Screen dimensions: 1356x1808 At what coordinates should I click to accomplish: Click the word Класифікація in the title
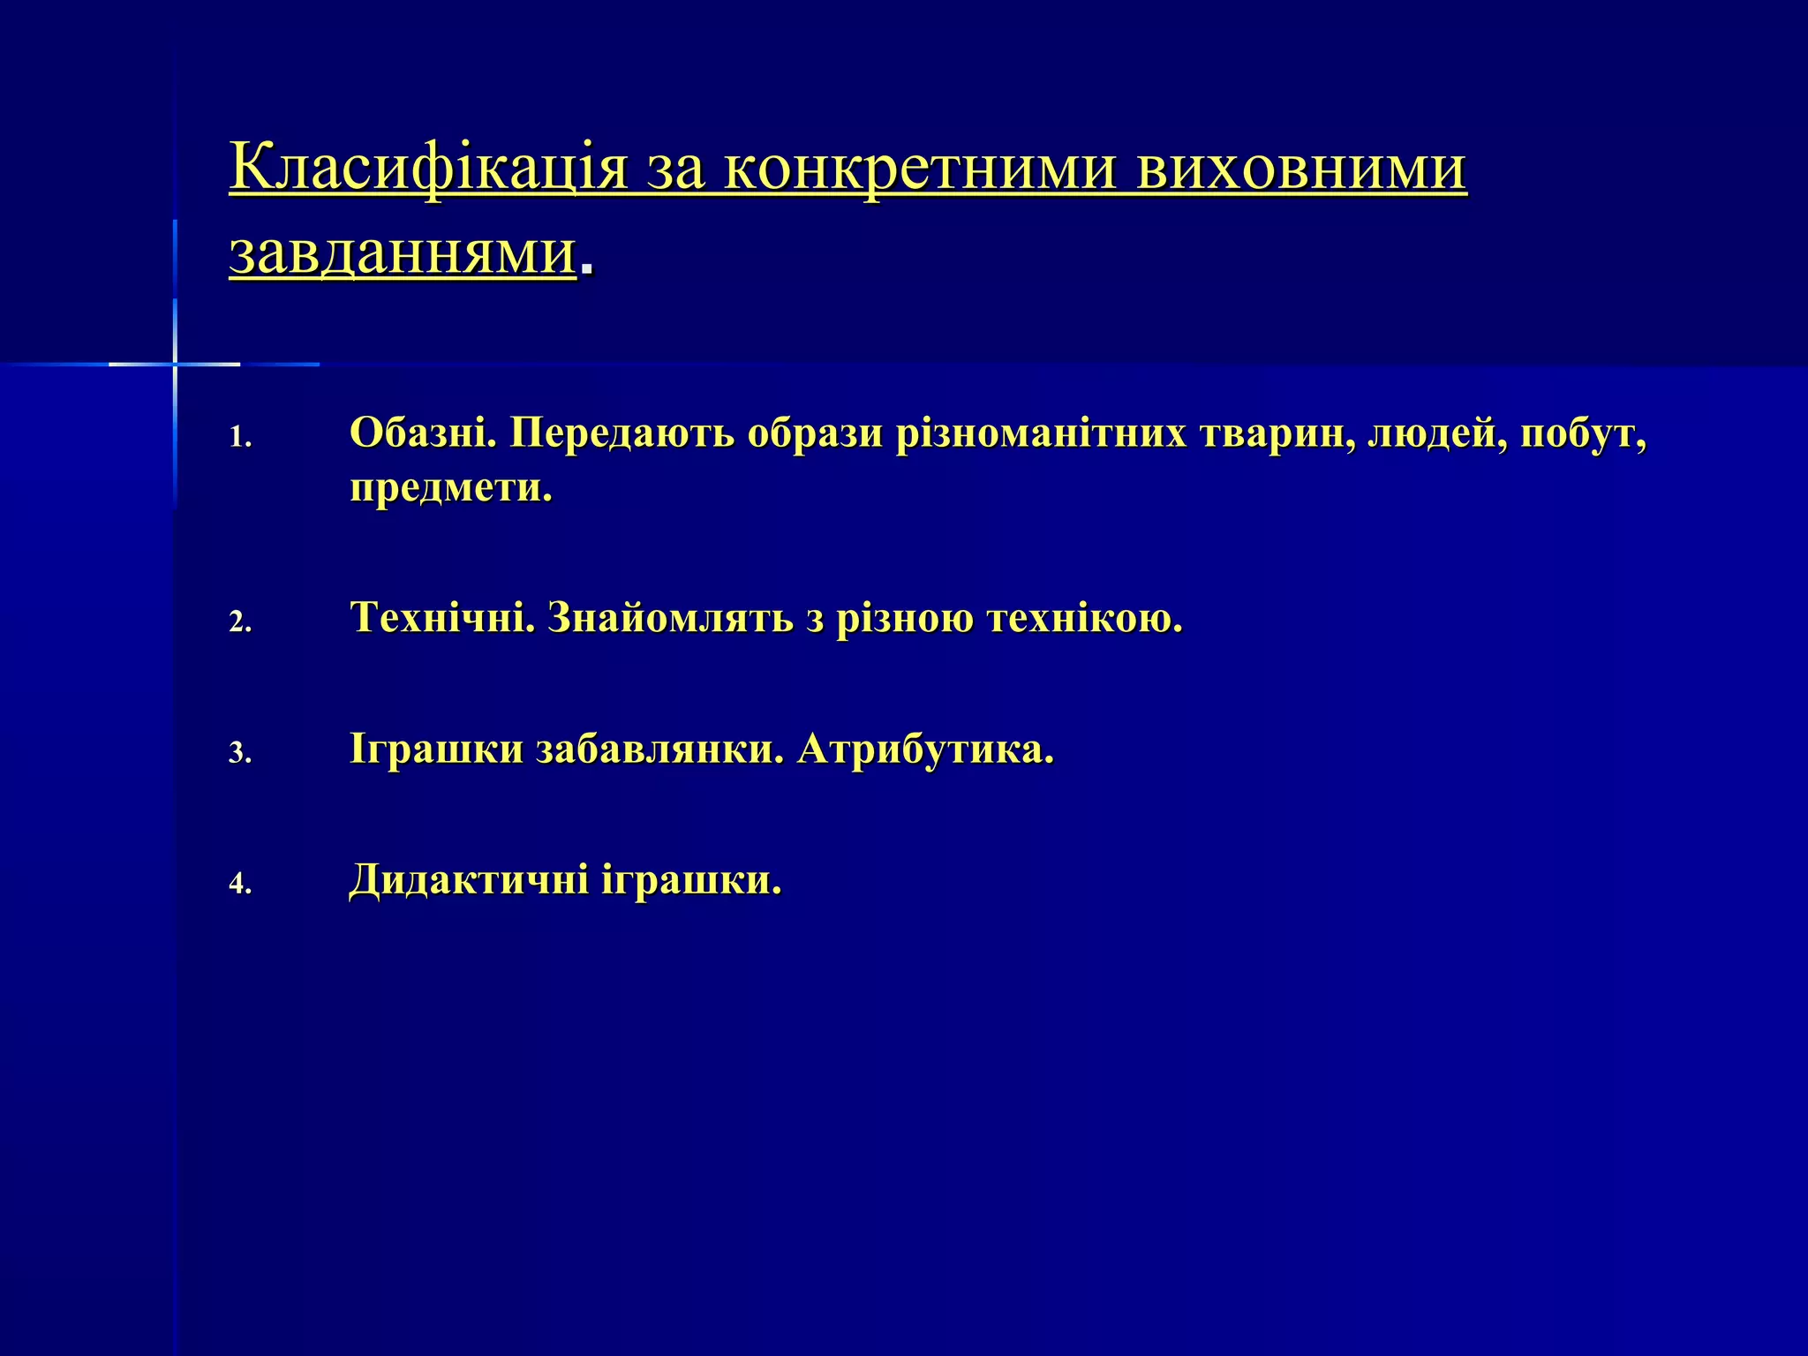428,168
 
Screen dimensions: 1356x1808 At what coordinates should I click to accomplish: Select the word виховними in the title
1301,168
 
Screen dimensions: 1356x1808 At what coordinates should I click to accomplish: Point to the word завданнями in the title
403,253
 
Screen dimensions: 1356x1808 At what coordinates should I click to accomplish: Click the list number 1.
239,438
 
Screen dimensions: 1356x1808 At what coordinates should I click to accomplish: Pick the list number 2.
239,623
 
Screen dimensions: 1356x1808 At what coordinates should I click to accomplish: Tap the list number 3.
239,753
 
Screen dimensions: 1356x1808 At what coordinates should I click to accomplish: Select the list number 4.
239,884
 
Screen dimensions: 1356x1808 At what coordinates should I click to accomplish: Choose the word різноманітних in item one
1041,433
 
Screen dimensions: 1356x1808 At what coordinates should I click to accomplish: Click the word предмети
450,488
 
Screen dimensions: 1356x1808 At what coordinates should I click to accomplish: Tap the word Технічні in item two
442,618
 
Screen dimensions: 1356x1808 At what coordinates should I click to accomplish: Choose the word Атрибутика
925,750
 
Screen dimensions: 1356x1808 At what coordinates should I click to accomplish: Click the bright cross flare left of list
175,364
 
